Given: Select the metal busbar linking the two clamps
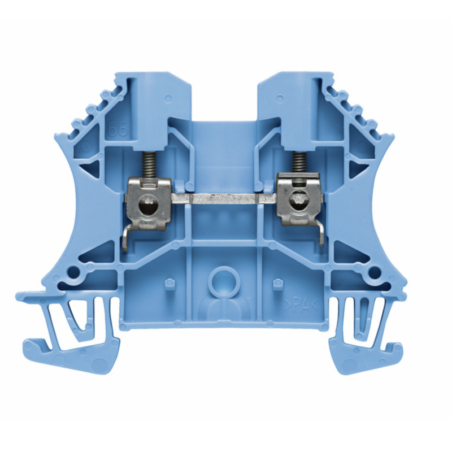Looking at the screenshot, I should (224, 199).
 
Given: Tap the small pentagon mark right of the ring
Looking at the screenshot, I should (277, 283).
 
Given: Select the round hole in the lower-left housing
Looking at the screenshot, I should (74, 273).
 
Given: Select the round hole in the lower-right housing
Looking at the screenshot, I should (373, 273).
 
